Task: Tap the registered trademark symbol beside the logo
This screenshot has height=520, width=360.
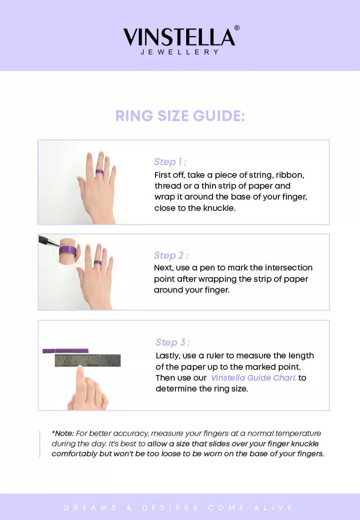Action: [237, 28]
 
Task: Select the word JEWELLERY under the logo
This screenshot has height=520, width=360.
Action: [180, 52]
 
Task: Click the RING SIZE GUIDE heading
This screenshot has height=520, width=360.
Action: [180, 116]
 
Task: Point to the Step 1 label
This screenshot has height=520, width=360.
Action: [170, 162]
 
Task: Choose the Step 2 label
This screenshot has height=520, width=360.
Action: [171, 256]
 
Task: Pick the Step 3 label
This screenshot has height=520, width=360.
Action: [173, 343]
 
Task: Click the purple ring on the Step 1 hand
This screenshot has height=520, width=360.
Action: [99, 172]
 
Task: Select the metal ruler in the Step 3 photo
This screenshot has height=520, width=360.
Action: [87, 361]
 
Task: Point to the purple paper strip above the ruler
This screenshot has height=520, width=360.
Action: [65, 351]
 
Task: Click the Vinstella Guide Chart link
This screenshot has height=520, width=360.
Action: [253, 378]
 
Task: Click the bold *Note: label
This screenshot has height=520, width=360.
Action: [63, 433]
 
